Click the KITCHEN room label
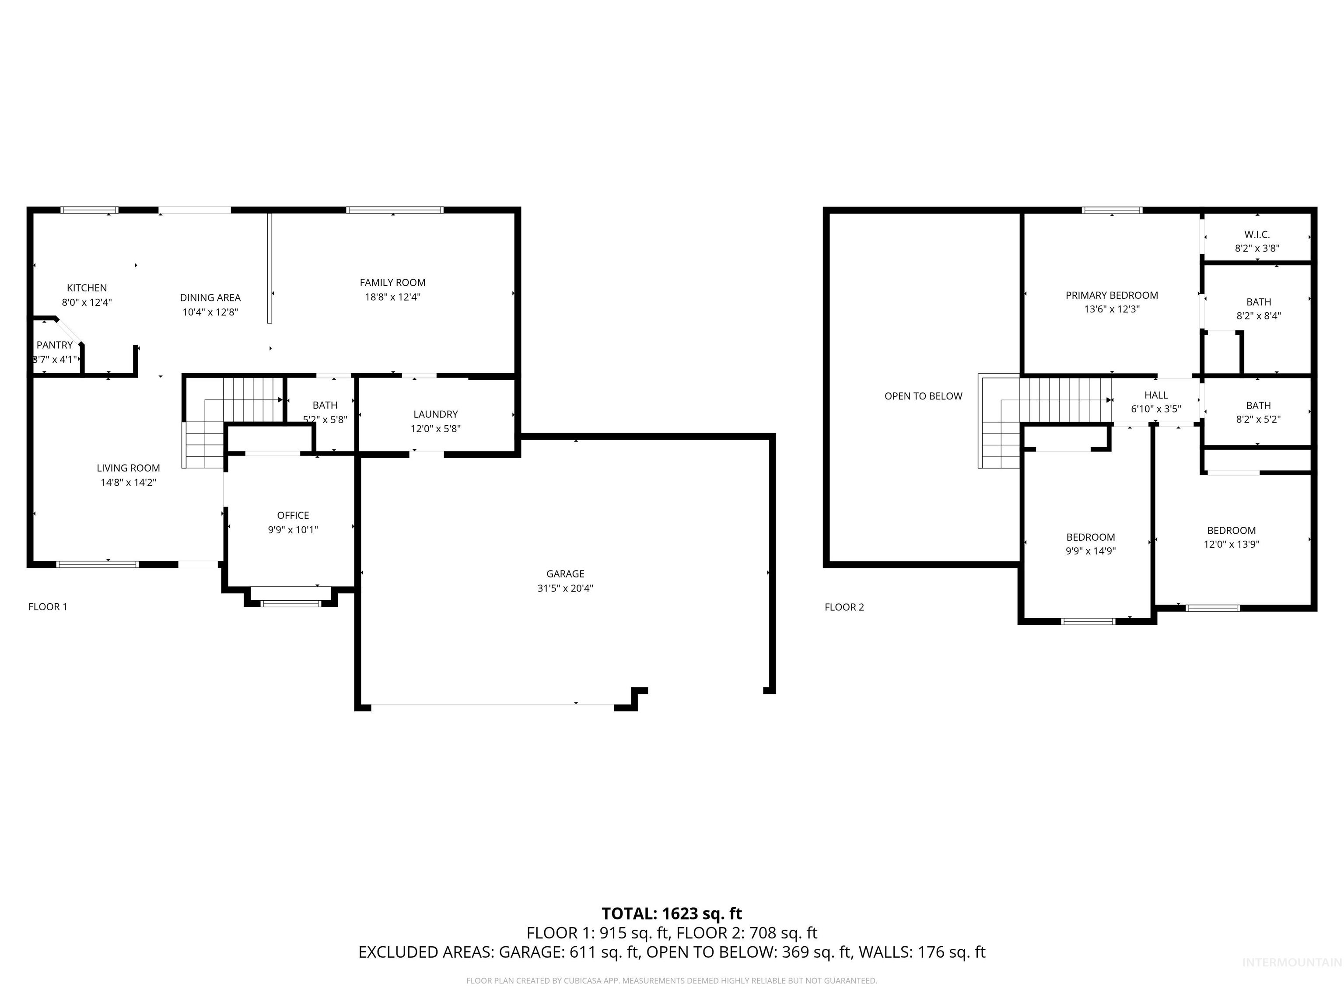[x=87, y=288]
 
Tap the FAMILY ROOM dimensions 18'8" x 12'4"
[x=392, y=297]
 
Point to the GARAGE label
[x=565, y=574]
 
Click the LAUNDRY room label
[x=436, y=414]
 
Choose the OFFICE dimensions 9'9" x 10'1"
[x=293, y=530]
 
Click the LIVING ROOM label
[x=128, y=468]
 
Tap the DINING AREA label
[x=210, y=298]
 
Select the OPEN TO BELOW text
[x=923, y=396]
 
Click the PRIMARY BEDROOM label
[x=1111, y=295]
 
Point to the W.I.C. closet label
[x=1256, y=234]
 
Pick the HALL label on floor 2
[x=1155, y=395]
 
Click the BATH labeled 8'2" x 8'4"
[x=1258, y=302]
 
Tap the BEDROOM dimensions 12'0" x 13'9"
[x=1231, y=544]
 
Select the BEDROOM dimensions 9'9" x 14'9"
[x=1091, y=551]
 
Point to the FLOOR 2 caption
[x=844, y=607]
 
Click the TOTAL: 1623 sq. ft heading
[x=672, y=914]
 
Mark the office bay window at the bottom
[x=290, y=603]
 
